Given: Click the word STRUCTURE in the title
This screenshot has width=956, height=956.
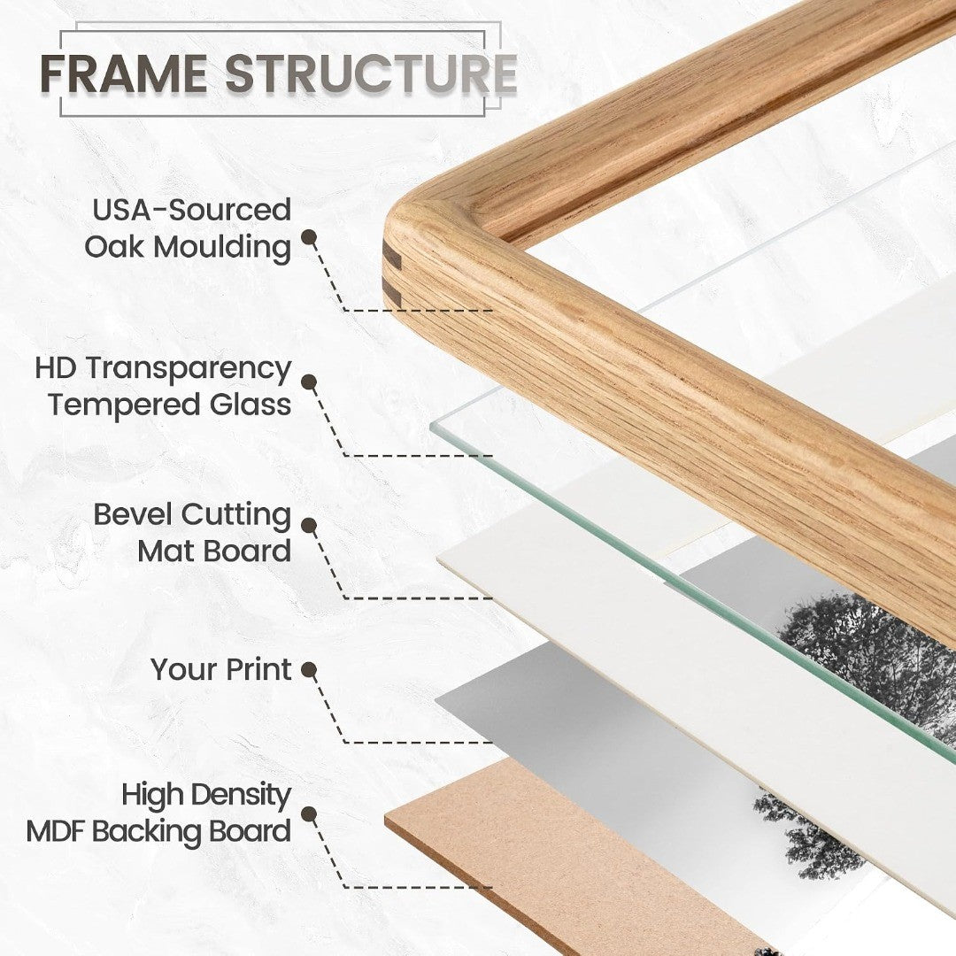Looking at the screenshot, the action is pyautogui.click(x=371, y=73).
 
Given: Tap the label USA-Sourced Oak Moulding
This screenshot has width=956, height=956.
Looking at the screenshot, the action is pyautogui.click(x=187, y=228).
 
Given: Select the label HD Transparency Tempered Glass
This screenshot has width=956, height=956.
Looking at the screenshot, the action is pyautogui.click(x=163, y=387).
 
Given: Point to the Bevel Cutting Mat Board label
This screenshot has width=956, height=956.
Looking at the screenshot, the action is pyautogui.click(x=192, y=533).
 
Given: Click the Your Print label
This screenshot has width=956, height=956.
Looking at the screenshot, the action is pyautogui.click(x=220, y=669).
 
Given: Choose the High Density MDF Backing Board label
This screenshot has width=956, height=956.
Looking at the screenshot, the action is pyautogui.click(x=158, y=813).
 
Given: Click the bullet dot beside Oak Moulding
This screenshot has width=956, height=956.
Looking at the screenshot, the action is pyautogui.click(x=309, y=237).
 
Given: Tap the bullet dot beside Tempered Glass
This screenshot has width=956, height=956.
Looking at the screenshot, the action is pyautogui.click(x=309, y=382).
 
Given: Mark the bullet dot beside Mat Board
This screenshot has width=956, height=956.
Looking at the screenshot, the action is pyautogui.click(x=309, y=526).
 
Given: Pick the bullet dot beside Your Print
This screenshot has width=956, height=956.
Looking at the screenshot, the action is pyautogui.click(x=309, y=671).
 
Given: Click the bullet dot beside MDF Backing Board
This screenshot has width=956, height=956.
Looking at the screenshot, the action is pyautogui.click(x=309, y=814).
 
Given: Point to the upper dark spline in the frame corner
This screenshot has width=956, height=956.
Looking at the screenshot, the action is pyautogui.click(x=392, y=258).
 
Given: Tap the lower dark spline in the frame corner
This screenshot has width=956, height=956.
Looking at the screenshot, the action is pyautogui.click(x=392, y=296).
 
